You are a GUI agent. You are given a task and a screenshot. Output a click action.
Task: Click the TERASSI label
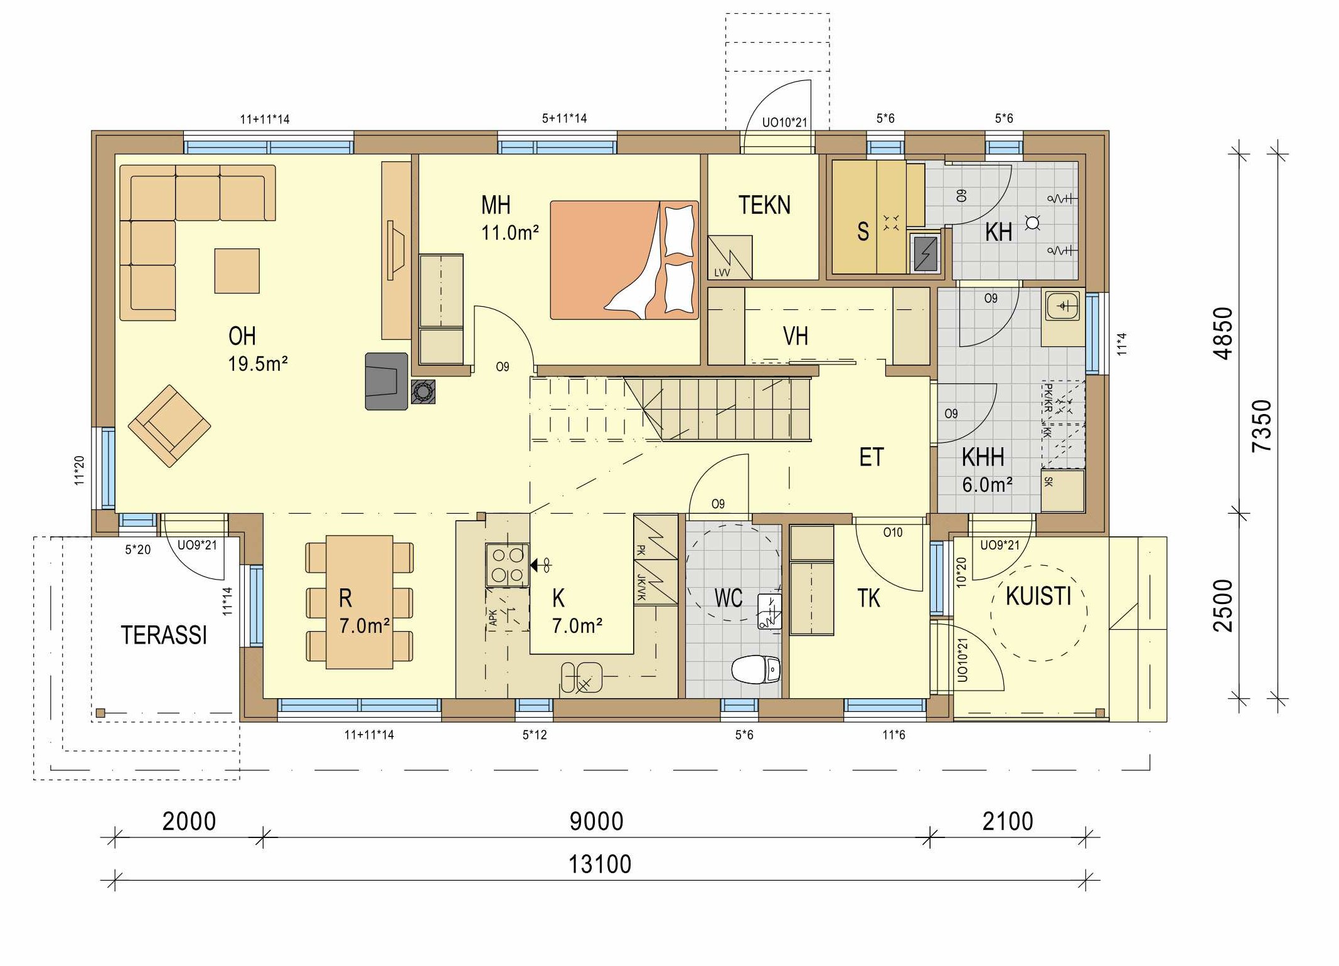(164, 635)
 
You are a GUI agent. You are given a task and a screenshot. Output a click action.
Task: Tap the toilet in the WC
(756, 670)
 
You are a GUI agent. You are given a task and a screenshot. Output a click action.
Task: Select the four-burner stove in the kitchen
(507, 565)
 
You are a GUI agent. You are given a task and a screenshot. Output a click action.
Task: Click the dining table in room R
(360, 602)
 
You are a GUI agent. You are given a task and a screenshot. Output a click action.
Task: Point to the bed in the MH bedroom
(624, 260)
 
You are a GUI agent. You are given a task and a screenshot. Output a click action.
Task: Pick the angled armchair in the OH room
(169, 425)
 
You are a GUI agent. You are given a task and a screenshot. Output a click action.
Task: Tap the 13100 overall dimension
(600, 864)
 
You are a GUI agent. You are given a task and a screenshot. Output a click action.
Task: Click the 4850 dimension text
(1223, 333)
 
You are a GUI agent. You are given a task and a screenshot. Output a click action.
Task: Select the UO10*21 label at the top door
(784, 122)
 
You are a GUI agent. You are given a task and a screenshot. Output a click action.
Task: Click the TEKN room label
(764, 205)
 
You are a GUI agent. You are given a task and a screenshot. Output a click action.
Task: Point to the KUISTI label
(1038, 596)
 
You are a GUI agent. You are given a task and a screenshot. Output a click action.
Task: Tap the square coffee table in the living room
(237, 271)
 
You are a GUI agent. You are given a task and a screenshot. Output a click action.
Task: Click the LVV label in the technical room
(722, 273)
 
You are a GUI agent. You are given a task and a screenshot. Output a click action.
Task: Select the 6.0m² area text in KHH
(988, 484)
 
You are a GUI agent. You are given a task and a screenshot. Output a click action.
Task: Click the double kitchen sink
(582, 677)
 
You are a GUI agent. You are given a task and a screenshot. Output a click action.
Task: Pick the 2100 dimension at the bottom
(1008, 821)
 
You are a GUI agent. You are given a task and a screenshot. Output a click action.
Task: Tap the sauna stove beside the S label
(927, 253)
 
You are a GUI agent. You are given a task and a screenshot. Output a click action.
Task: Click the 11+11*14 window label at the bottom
(369, 735)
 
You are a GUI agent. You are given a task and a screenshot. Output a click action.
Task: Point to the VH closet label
(796, 336)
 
